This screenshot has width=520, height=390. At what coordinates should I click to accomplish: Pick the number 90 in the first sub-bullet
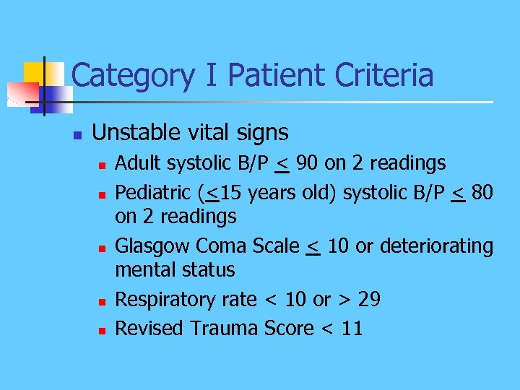pyautogui.click(x=306, y=164)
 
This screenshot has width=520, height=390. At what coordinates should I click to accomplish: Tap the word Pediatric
pyautogui.click(x=154, y=193)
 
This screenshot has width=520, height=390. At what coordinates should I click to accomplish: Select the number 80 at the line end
pyautogui.click(x=482, y=193)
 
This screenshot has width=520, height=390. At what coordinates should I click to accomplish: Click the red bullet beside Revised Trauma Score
pyautogui.click(x=102, y=330)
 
